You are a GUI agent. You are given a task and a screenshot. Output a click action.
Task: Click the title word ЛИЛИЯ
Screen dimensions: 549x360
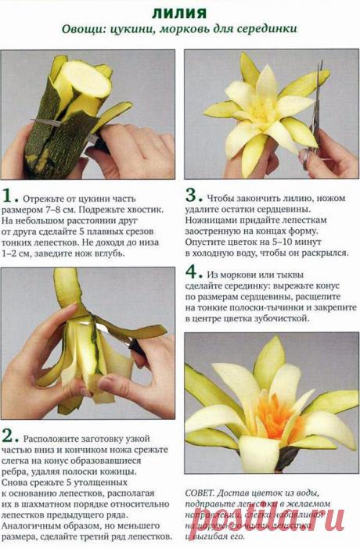(179, 13)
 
